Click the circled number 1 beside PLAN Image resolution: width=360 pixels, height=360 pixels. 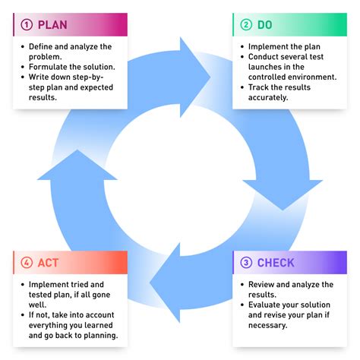(27, 24)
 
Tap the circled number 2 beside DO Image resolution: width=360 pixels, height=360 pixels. (246, 24)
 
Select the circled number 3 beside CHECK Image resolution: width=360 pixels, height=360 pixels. (246, 263)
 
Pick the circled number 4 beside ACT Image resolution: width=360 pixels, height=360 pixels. (27, 263)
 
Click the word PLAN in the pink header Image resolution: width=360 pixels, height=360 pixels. (52, 24)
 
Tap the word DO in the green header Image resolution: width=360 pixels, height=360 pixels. (265, 24)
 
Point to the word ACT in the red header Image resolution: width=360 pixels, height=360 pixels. (48, 263)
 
